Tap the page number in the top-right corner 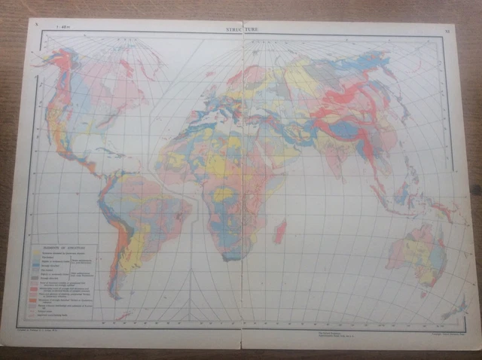point(447,32)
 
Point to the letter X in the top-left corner point(35,23)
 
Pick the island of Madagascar point(279,230)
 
